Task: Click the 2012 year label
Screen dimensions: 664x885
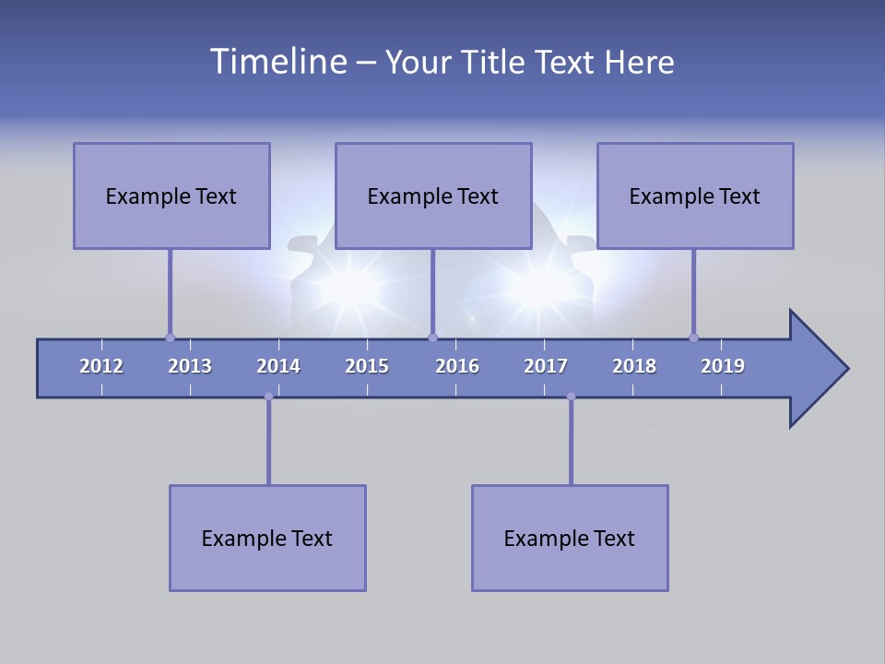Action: (x=101, y=366)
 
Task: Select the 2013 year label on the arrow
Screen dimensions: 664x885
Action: (x=190, y=366)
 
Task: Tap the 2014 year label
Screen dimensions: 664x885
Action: (x=278, y=366)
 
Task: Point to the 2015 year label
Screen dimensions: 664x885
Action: (x=367, y=366)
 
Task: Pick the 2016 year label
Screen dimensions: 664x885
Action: (x=457, y=366)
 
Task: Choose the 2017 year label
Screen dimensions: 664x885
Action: (x=546, y=366)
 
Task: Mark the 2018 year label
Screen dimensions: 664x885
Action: (x=634, y=366)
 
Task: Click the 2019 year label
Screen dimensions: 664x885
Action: (x=723, y=366)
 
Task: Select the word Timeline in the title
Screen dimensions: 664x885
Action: (x=277, y=62)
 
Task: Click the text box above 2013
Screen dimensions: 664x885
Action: (x=171, y=196)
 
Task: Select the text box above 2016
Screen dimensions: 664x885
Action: (x=433, y=196)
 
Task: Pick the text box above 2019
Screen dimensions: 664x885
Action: (x=695, y=196)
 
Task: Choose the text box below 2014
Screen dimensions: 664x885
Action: (x=267, y=538)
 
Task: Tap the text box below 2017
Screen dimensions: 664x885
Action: (x=570, y=538)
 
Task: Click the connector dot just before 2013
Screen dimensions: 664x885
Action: (x=170, y=338)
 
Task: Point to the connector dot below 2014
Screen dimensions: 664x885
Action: (x=268, y=397)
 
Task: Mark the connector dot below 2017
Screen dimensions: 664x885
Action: (x=571, y=397)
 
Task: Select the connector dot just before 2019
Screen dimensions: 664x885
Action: (x=693, y=338)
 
